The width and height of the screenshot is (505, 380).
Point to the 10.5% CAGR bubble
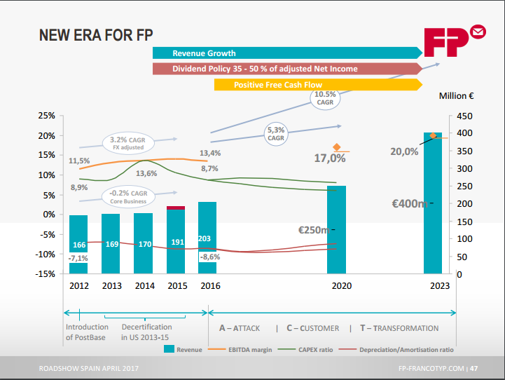[325, 98]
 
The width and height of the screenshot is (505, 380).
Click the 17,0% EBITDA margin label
[329, 158]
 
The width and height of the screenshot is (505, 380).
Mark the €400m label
[410, 204]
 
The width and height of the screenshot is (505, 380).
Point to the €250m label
[313, 229]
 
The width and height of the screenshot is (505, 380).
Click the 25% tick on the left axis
[46, 116]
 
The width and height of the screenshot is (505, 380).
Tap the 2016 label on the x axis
[210, 286]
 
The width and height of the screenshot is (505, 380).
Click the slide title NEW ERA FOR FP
[97, 35]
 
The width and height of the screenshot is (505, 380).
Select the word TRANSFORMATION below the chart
[404, 328]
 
